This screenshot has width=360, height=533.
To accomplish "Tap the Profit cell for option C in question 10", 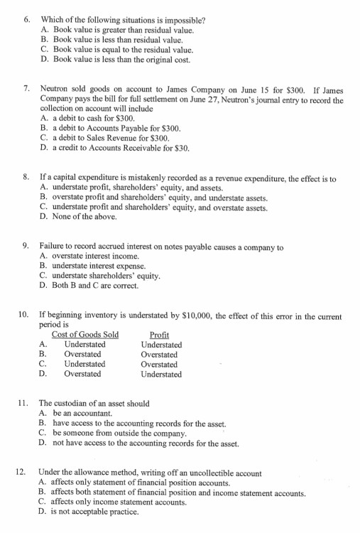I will coord(160,364).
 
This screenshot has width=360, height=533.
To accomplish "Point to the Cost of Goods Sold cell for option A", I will coord(84,345).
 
